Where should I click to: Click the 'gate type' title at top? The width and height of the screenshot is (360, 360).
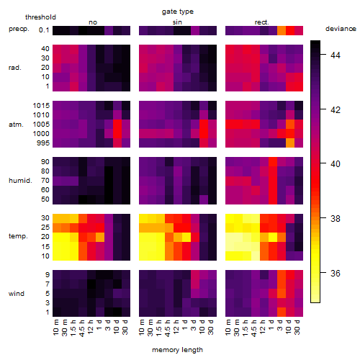click(178, 12)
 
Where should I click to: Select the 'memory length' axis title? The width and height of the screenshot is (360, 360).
click(177, 350)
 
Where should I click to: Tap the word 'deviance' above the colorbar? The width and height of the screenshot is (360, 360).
click(341, 29)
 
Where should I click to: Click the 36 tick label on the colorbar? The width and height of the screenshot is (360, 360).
click(336, 273)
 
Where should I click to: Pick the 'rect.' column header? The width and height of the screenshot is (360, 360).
click(262, 22)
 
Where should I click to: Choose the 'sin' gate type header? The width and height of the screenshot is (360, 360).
click(177, 22)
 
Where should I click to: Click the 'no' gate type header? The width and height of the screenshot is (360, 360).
click(93, 22)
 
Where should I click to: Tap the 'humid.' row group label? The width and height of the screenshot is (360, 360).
click(20, 181)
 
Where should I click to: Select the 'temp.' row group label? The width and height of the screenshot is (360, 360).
click(18, 236)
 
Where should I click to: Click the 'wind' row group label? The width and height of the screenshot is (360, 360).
click(17, 294)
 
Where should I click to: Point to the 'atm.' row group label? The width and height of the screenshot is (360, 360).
click(16, 125)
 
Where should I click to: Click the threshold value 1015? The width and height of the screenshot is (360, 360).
click(41, 106)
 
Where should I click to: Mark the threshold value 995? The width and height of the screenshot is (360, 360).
click(43, 143)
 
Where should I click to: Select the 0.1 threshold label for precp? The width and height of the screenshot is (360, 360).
click(44, 30)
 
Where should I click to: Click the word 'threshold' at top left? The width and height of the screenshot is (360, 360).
click(40, 17)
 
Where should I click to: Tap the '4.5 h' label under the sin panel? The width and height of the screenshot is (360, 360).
click(168, 328)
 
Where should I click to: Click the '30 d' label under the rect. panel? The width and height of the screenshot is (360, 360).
click(297, 327)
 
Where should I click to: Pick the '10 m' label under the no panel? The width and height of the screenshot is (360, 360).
click(55, 327)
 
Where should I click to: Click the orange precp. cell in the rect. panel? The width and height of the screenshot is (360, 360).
click(282, 30)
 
